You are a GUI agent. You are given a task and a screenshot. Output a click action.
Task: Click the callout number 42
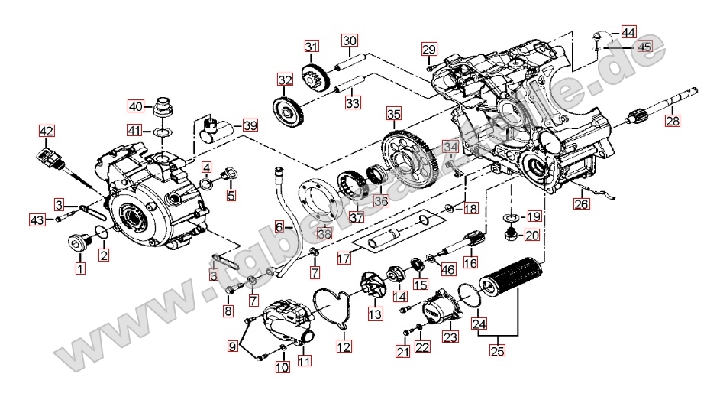47,132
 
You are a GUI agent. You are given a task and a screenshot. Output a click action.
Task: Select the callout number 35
392,115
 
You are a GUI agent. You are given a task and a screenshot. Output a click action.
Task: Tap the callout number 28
671,120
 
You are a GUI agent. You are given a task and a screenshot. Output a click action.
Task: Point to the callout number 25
498,351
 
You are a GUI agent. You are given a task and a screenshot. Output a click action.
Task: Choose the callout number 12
344,346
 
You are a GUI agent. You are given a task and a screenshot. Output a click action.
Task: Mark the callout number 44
628,32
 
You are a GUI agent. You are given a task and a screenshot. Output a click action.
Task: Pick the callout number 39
250,125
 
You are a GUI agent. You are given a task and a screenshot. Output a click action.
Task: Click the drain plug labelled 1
77,244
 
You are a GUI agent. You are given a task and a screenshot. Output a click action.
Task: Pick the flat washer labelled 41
162,132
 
